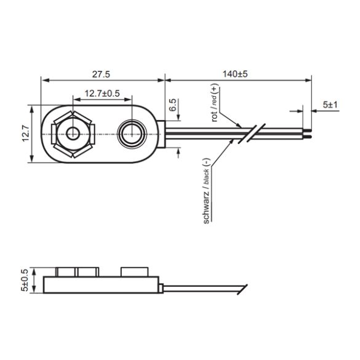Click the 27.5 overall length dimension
point(101,74)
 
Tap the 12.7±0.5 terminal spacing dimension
point(102,94)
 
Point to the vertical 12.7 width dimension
point(25,133)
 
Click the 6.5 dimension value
point(173,105)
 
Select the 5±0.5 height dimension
point(25,280)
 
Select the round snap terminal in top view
point(133,133)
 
